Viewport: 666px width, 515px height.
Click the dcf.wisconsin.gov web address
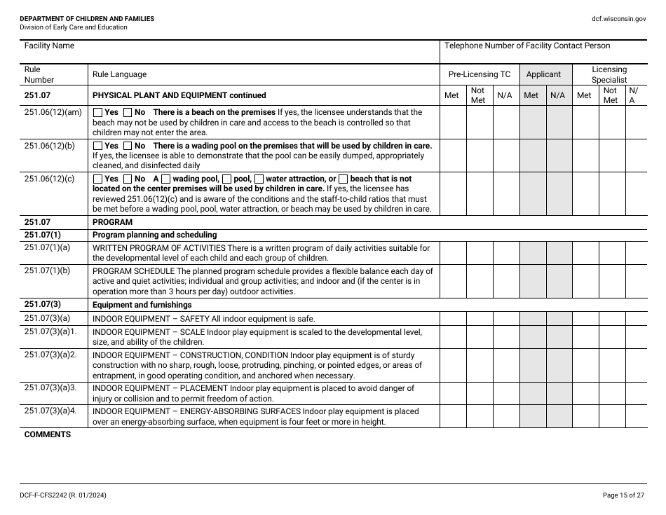pyautogui.click(x=619, y=19)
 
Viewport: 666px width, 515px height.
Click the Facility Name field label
pyautogui.click(x=49, y=46)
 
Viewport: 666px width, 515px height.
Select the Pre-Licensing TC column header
pyautogui.click(x=480, y=74)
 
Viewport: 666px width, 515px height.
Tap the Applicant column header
pyautogui.click(x=543, y=74)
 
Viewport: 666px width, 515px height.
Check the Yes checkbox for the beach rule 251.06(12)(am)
pyautogui.click(x=97, y=112)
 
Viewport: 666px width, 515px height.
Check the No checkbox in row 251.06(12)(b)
pyautogui.click(x=128, y=146)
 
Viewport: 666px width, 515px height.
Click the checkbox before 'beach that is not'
pyautogui.click(x=343, y=179)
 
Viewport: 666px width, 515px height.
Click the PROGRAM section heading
pyautogui.click(x=112, y=222)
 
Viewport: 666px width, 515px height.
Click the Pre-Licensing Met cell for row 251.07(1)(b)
pyautogui.click(x=452, y=282)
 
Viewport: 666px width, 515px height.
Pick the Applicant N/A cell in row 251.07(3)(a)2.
pyautogui.click(x=558, y=365)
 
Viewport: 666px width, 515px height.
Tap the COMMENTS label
pyautogui.click(x=48, y=434)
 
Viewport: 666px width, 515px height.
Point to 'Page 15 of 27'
pyautogui.click(x=623, y=495)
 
